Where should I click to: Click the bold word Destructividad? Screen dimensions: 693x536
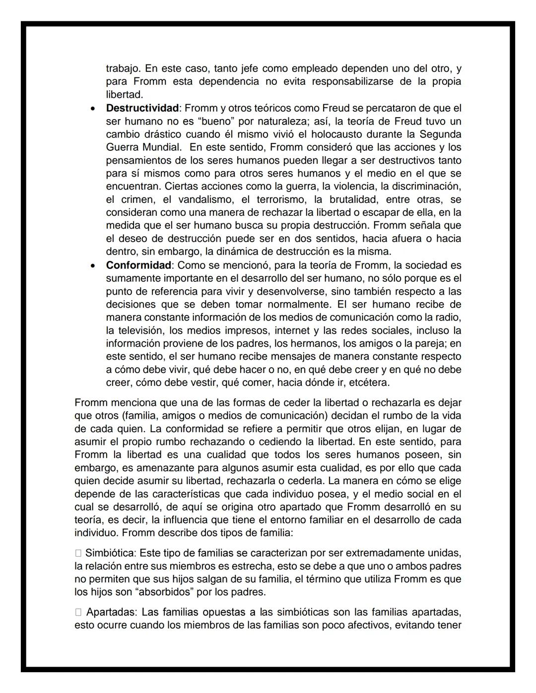point(142,108)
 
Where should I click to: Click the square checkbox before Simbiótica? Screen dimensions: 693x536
point(78,553)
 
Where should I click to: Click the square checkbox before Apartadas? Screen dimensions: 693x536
point(78,612)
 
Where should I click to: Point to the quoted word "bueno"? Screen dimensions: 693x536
point(208,121)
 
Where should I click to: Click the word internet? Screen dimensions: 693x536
point(292,330)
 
